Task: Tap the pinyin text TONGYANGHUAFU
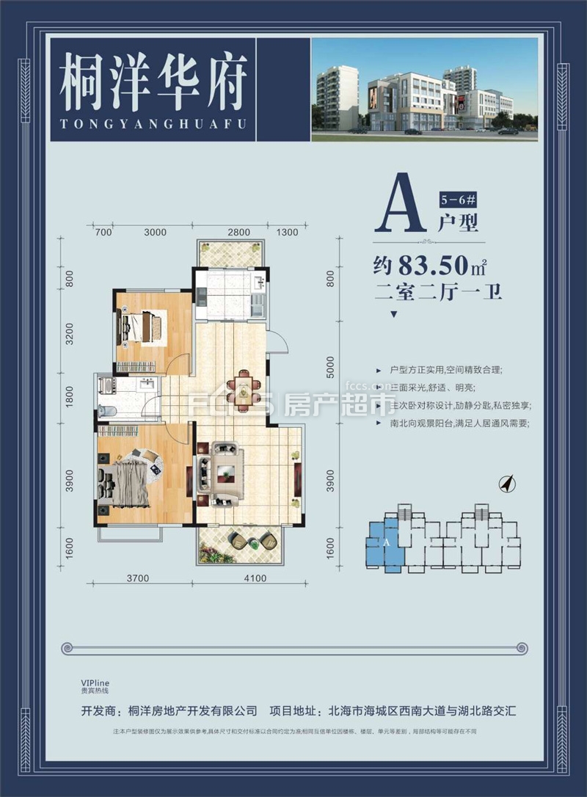pyautogui.click(x=153, y=123)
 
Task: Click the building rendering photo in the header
pyautogui.click(x=425, y=87)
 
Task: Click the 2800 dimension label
pyautogui.click(x=238, y=232)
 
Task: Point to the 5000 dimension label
pyautogui.click(x=330, y=365)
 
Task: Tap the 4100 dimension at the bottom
pyautogui.click(x=254, y=578)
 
